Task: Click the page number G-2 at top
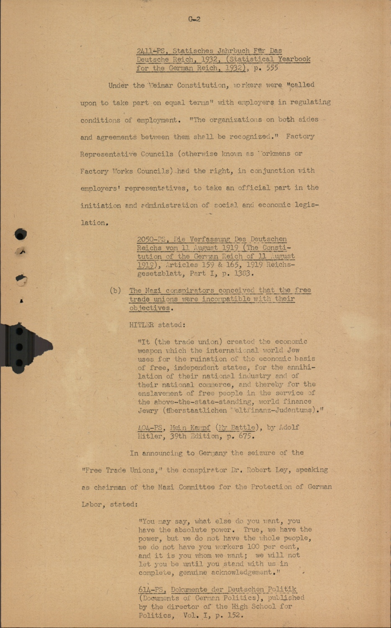click(194, 19)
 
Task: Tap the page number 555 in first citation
click(272, 68)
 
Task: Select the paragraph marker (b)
click(115, 291)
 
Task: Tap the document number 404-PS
click(150, 428)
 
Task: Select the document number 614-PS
click(151, 590)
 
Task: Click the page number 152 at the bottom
click(234, 615)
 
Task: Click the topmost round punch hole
click(21, 234)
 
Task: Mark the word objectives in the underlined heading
click(149, 308)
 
